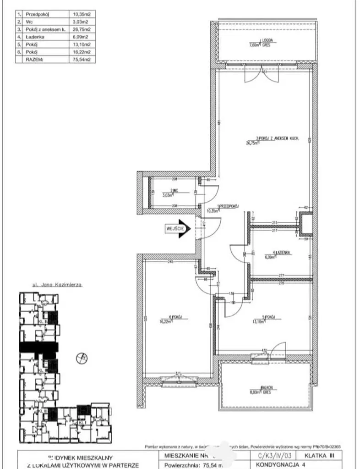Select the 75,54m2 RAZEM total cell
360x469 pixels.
pyautogui.click(x=83, y=59)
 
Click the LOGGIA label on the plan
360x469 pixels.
pyautogui.click(x=267, y=40)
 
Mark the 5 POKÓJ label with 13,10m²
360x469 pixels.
pyautogui.click(x=267, y=316)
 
